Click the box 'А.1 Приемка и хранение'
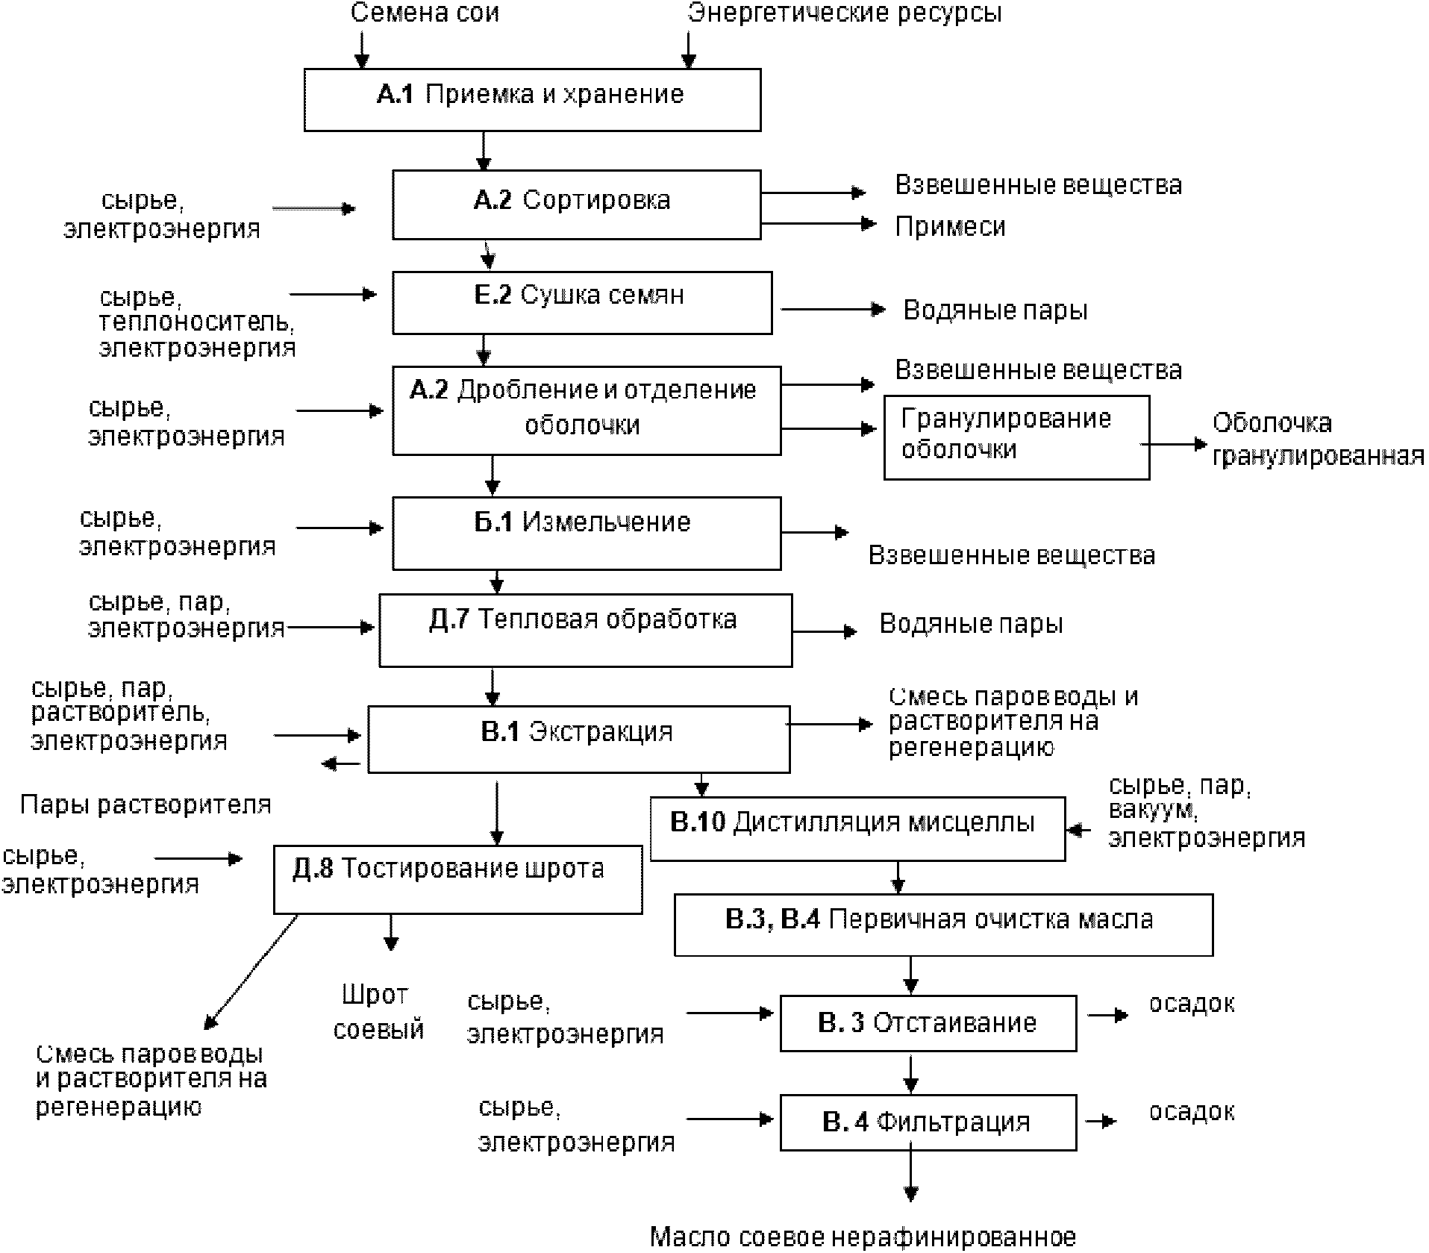[x=532, y=99]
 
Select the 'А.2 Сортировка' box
[x=576, y=204]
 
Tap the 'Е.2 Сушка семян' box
[x=582, y=302]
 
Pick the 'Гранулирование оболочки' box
[x=1016, y=437]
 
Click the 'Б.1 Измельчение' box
[x=587, y=533]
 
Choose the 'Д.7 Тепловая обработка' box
[x=585, y=629]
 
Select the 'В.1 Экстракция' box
[x=578, y=739]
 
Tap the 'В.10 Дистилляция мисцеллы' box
[x=857, y=828]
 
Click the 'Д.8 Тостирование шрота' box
[x=457, y=878]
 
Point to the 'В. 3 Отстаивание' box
[x=928, y=1022]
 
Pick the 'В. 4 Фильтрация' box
[x=928, y=1122]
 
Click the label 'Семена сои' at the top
[x=425, y=13]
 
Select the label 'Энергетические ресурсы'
[x=845, y=13]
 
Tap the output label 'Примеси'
[x=950, y=226]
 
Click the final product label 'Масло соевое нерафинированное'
[x=863, y=1237]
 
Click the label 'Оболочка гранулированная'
[x=1317, y=440]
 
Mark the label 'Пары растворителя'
[x=146, y=804]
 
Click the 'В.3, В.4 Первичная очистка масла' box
[x=943, y=925]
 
